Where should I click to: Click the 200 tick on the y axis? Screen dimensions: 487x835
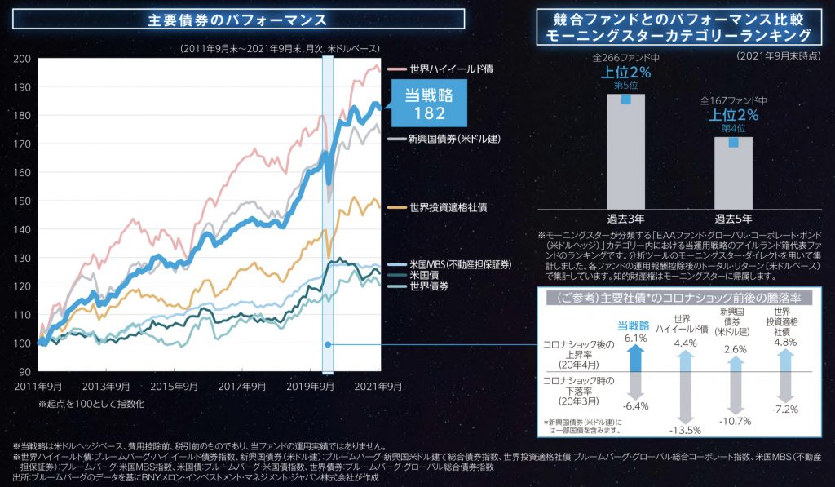click(x=24, y=59)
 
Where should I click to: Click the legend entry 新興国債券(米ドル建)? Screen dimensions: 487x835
click(x=453, y=139)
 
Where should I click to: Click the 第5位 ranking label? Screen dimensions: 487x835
click(x=625, y=84)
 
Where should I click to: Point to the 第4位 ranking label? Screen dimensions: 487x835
click(x=733, y=127)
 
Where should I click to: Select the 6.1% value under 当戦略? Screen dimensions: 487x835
click(x=635, y=338)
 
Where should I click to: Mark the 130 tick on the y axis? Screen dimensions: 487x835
click(x=24, y=258)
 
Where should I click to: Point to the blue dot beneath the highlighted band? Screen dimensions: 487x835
click(x=328, y=345)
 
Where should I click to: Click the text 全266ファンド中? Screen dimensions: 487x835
click(x=625, y=60)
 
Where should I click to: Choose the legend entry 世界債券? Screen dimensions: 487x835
click(x=430, y=286)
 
